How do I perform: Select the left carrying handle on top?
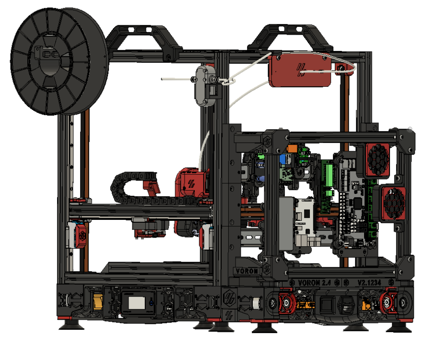pos(143,39)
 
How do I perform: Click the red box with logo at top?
pos(300,70)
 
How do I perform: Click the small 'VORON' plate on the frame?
pos(246,270)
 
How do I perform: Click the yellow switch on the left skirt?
pos(98,301)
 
